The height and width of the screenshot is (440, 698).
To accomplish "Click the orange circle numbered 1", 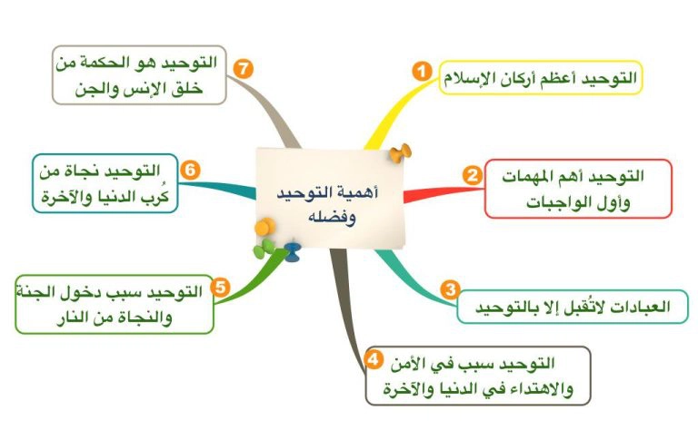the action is coord(422,71).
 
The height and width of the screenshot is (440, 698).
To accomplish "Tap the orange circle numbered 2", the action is coord(472,175).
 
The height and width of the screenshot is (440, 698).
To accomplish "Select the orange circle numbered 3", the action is coord(451,289).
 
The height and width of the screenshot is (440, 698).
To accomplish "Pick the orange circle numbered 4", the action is coord(373,359).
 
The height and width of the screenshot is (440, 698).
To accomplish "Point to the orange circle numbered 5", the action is coord(220,287).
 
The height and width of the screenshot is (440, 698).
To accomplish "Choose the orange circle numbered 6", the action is coord(190,170).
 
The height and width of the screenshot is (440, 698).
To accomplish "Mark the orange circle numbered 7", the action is coord(243,69).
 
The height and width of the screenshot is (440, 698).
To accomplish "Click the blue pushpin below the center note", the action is coord(293,251).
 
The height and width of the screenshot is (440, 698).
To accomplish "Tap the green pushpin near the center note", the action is coord(264,249).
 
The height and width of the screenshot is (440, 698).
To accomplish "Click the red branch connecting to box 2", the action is coord(443,193).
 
